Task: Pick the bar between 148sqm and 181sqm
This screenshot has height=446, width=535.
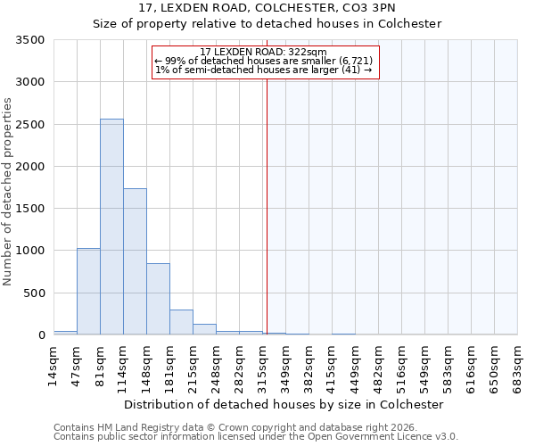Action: (x=158, y=299)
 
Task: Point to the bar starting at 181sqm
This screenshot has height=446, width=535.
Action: (x=181, y=322)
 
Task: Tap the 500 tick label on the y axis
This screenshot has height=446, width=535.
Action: (x=35, y=293)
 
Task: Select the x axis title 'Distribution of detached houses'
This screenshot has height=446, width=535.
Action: (x=284, y=404)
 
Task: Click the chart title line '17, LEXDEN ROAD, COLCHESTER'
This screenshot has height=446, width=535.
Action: (x=267, y=8)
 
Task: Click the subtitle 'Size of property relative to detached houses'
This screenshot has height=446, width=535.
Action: (x=267, y=24)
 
